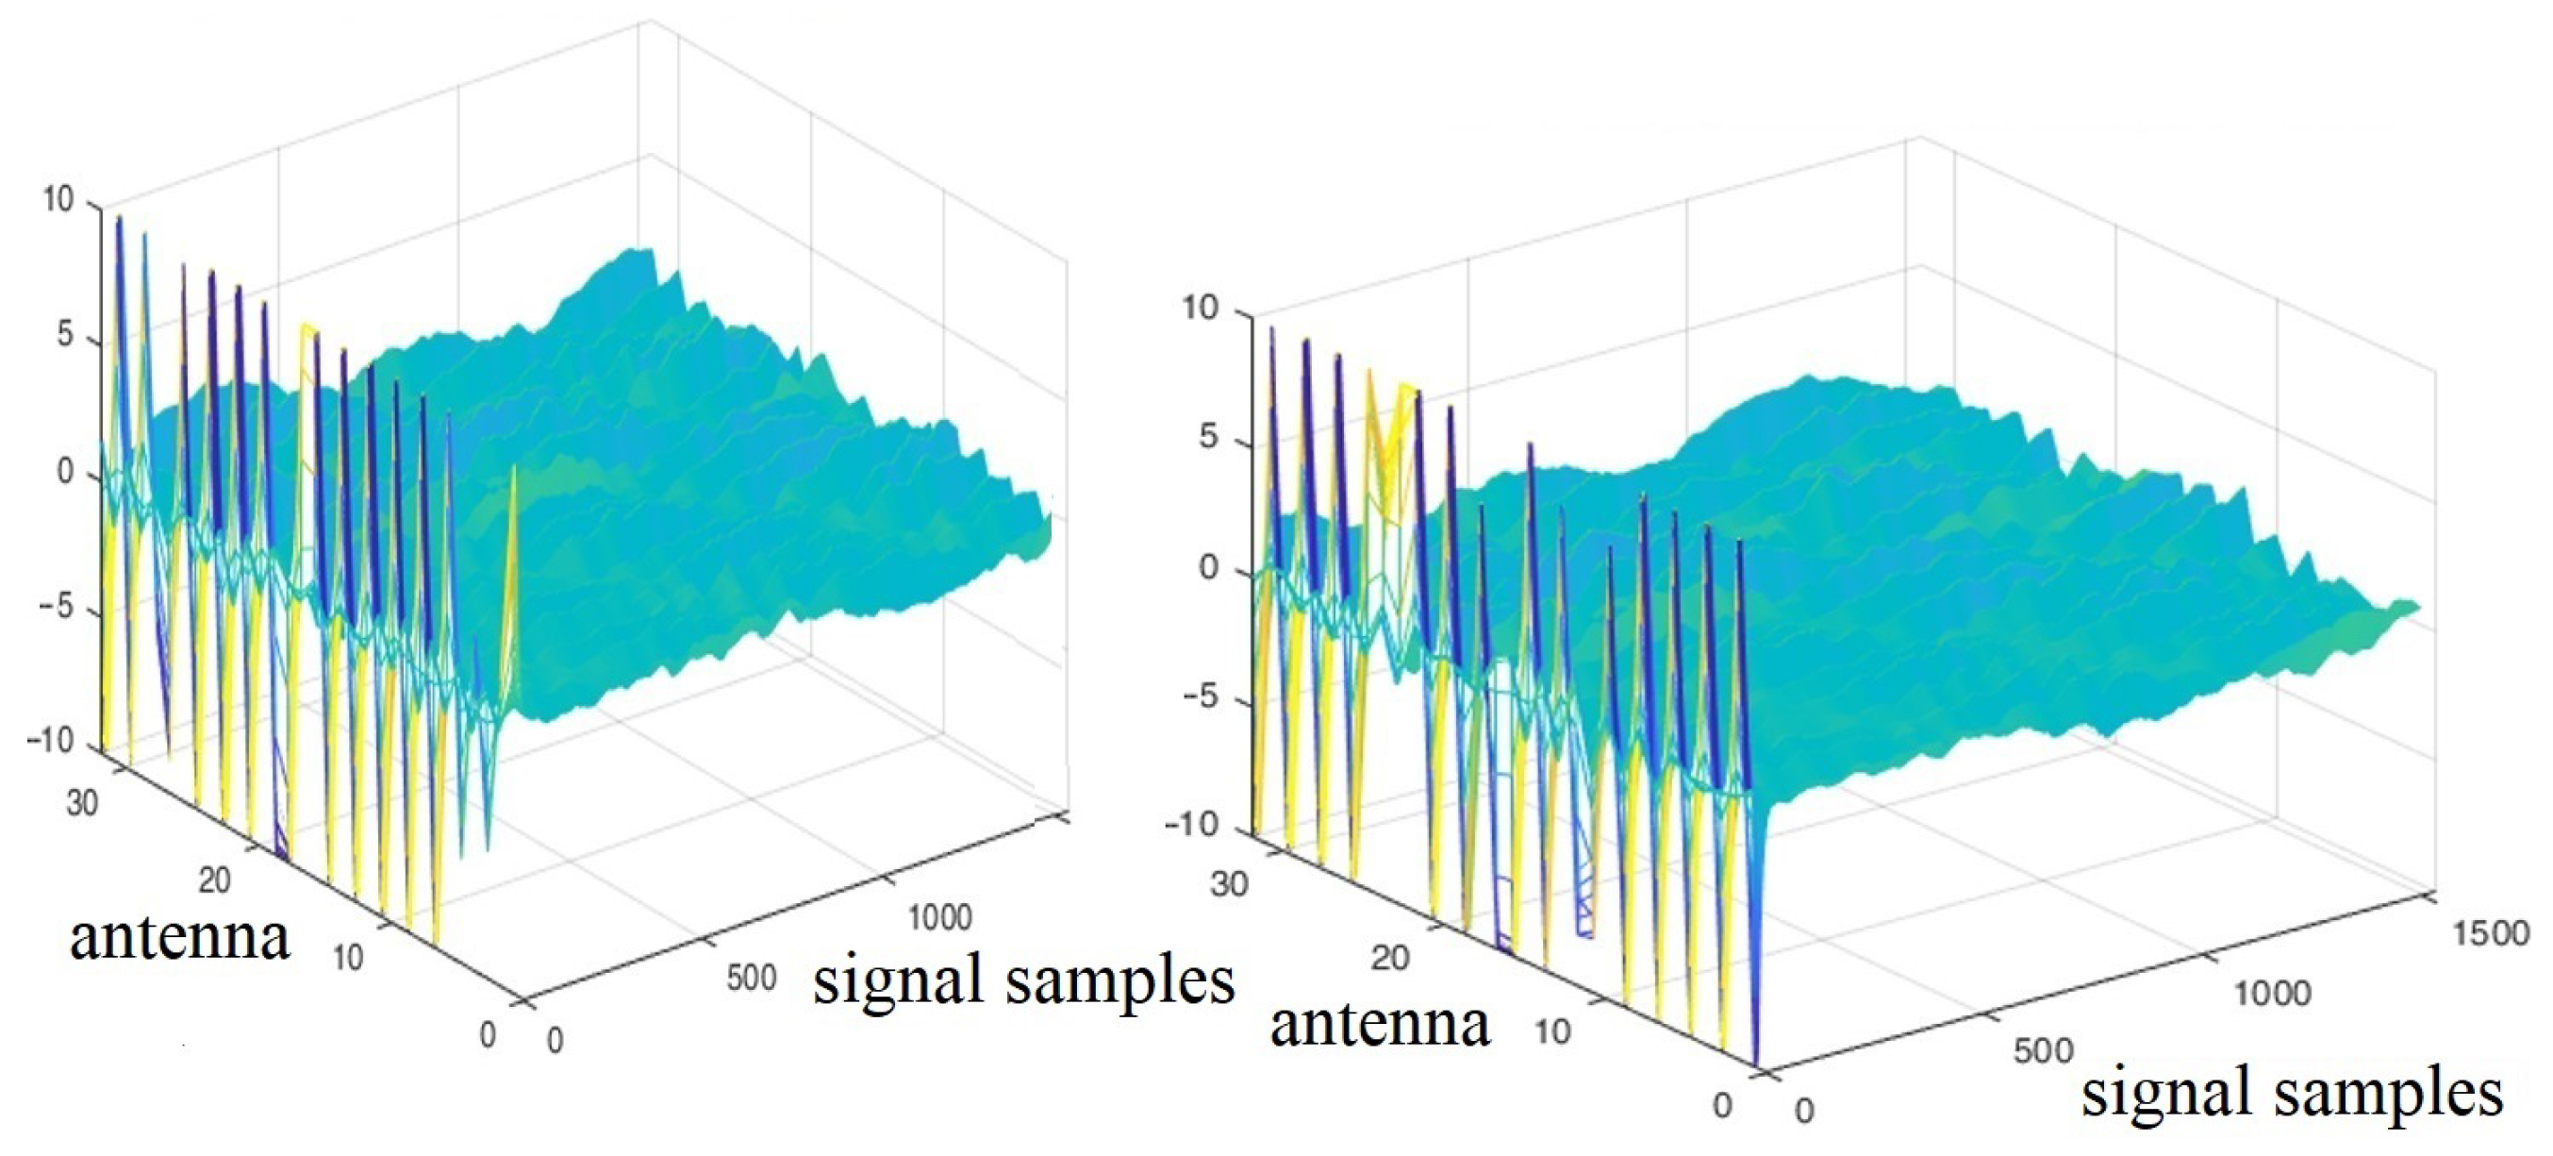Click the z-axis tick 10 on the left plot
[x=58, y=200]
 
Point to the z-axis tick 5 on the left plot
[x=64, y=335]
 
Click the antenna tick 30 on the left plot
[x=82, y=802]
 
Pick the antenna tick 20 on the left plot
[x=213, y=880]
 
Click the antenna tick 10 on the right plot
[x=1552, y=1032]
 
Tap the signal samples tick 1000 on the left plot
[x=939, y=917]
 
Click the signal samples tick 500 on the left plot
[x=752, y=978]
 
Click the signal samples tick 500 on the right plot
[x=2044, y=1051]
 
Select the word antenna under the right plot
[x=1380, y=1025]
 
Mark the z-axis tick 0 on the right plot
[x=1208, y=568]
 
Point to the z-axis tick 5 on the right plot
[x=1207, y=437]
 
